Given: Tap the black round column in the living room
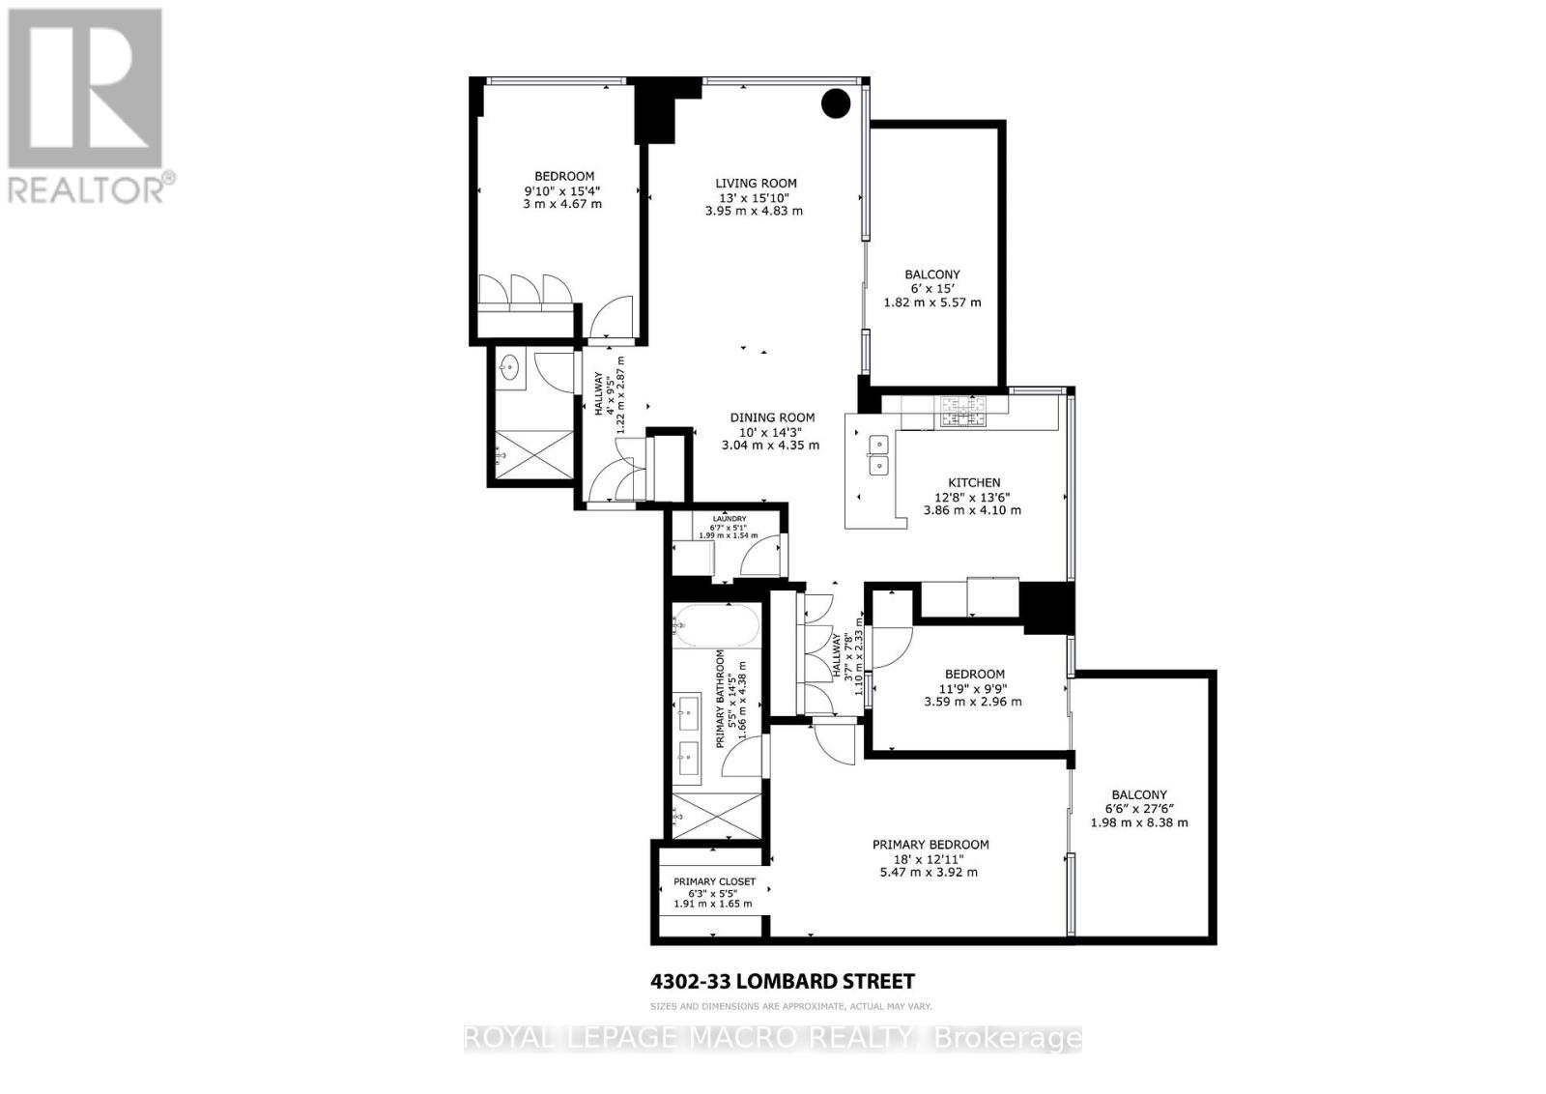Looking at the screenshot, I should coord(836,103).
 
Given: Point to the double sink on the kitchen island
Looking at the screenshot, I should coord(879,454).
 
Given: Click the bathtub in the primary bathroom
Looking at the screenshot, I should coord(715,626).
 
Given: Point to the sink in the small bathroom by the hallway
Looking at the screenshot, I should coord(509,367).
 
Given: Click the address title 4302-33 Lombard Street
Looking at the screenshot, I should coord(782,982).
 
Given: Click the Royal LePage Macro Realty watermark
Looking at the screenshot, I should coord(772,1039).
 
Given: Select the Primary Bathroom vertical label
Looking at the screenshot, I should coord(720,700).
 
